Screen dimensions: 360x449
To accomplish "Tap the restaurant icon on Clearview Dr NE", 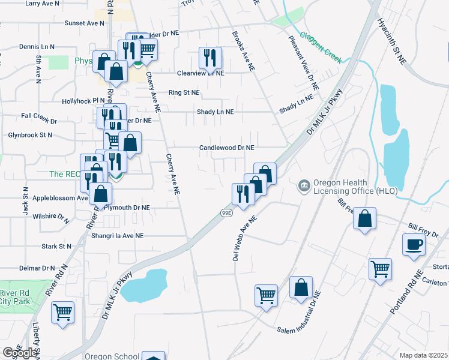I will [x=210, y=58].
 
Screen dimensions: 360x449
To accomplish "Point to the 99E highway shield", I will [x=226, y=212].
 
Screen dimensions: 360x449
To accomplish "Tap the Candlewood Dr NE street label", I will [x=227, y=148].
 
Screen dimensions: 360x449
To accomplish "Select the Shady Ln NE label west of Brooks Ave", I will [x=215, y=112].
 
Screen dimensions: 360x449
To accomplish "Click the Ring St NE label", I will [x=184, y=93].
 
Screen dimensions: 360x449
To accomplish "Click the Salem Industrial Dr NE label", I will [x=300, y=316].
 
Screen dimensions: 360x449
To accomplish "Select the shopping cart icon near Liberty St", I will [x=62, y=312].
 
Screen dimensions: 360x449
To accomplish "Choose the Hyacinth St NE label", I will [x=392, y=41].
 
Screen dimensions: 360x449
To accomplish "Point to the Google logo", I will [x=20, y=353].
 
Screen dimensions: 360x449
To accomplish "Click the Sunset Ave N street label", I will [x=85, y=23].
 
